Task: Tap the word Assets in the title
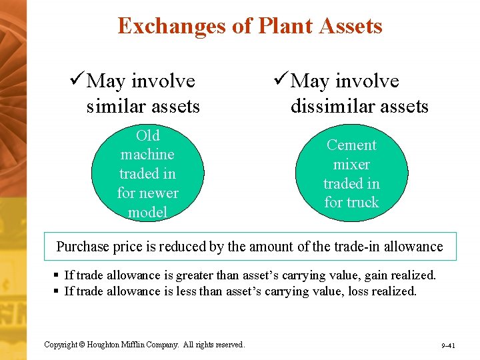[350, 26]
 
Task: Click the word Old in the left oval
[147, 135]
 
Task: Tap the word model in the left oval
[147, 212]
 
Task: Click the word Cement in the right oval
[351, 145]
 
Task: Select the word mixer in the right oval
[351, 164]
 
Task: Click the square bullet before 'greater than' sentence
[57, 275]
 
